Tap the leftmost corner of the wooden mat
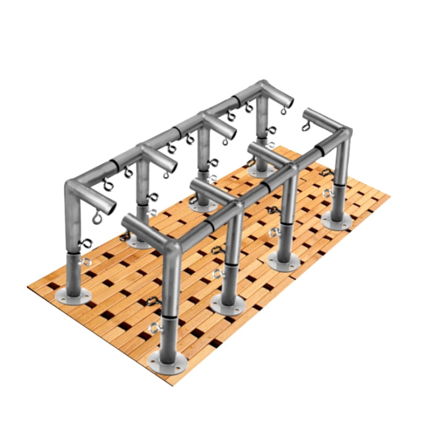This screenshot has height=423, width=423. tap(28, 286)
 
